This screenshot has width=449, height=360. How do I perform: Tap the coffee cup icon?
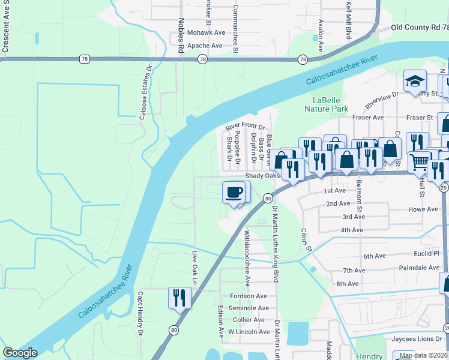pos(234,193)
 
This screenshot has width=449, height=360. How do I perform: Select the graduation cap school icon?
pos(414,82)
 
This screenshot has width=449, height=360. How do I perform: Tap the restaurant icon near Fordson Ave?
pos(179,298)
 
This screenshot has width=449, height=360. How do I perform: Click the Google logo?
pos(20,353)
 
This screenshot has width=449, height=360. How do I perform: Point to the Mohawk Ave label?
pos(205,32)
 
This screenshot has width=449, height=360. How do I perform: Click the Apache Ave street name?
pos(205,46)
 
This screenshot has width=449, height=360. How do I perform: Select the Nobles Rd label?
pos(181,36)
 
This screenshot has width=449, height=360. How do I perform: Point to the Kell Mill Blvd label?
pos(348,20)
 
